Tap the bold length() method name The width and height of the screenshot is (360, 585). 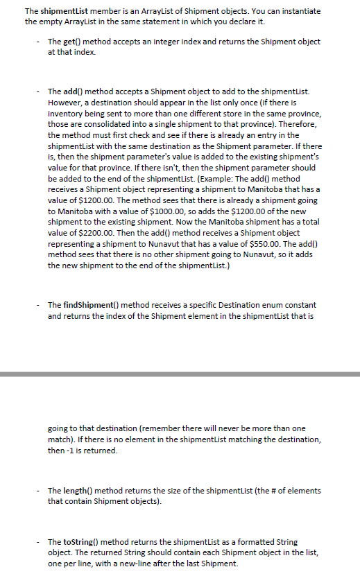click(77, 491)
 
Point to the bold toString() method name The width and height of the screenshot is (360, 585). click(81, 541)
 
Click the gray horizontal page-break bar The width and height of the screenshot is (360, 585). click(180, 374)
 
